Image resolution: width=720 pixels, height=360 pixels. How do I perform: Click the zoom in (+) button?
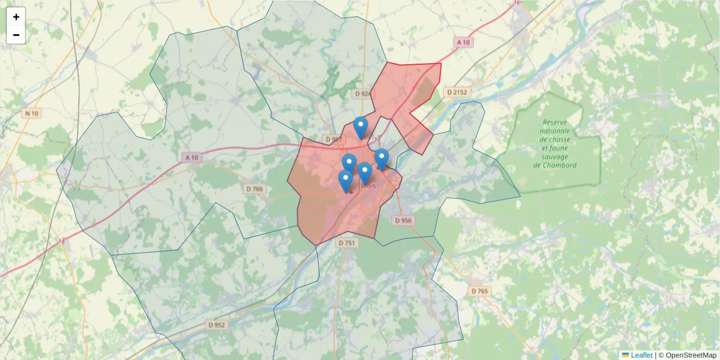(16, 17)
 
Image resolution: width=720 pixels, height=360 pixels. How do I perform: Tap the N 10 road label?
(31, 113)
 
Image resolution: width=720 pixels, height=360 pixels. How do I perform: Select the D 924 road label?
(362, 94)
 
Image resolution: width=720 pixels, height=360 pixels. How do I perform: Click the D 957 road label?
(333, 139)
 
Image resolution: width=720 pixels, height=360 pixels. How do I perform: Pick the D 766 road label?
(254, 189)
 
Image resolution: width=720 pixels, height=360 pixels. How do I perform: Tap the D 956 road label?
(404, 220)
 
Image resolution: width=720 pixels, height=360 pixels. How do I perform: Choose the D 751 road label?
(347, 243)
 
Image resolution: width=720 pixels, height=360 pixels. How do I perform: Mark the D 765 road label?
(479, 291)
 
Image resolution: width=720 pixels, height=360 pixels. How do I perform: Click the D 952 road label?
(217, 325)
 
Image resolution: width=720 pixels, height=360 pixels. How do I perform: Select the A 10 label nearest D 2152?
(463, 43)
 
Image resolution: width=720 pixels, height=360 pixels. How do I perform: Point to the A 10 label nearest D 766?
(191, 157)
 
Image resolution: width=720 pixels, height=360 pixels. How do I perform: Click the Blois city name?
(368, 186)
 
